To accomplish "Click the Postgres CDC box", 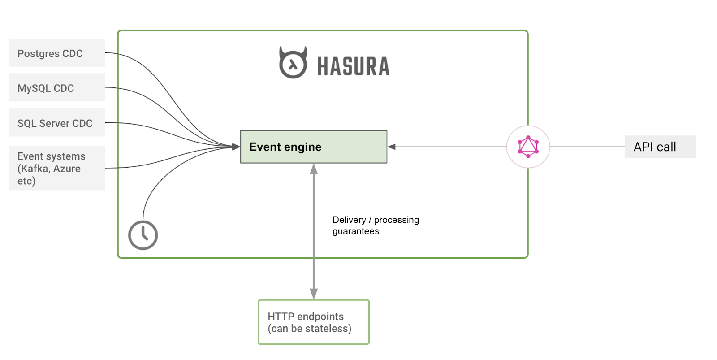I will point(57,53).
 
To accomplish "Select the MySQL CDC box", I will point(57,88).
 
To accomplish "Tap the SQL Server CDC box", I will point(57,123).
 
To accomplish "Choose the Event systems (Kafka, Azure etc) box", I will point(57,168).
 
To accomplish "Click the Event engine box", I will point(313,147).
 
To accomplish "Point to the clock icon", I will point(143,235).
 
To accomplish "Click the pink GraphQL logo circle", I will point(528,147).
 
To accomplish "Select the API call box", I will point(660,147).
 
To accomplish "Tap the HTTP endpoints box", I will point(314,322).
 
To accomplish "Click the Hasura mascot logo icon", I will point(293,63).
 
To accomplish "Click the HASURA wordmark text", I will point(354,66).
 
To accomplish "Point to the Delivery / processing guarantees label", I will point(375,226).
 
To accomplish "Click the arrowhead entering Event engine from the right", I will point(392,147).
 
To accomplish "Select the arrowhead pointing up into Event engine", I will point(314,169).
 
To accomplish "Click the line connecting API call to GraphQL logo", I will point(587,147).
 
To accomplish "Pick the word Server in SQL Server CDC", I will point(54,123).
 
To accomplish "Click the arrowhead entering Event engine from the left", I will point(236,147).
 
